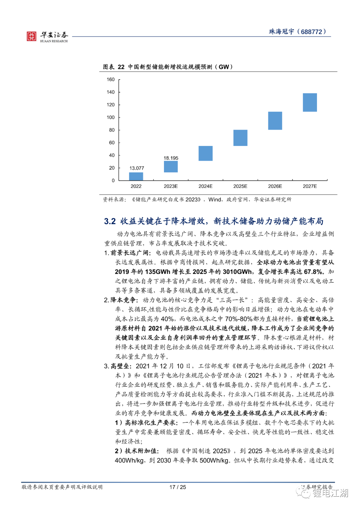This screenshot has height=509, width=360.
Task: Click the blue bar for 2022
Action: (x=136, y=176)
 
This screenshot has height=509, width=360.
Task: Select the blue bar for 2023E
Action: (x=171, y=167)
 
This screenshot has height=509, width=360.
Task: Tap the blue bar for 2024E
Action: (x=205, y=153)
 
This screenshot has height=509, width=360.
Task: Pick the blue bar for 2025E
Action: (x=240, y=138)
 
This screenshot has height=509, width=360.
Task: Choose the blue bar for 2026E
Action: (x=275, y=121)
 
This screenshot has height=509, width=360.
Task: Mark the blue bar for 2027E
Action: (x=310, y=102)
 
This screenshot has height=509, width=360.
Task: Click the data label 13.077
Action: (x=137, y=168)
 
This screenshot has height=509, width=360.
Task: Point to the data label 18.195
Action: (x=171, y=158)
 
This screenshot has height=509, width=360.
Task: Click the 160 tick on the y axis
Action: (x=111, y=80)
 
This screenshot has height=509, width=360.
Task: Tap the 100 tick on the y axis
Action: (x=111, y=117)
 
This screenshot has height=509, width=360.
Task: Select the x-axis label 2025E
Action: (x=240, y=186)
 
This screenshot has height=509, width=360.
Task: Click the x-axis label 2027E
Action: (x=310, y=186)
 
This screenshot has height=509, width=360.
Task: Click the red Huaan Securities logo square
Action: (x=31, y=36)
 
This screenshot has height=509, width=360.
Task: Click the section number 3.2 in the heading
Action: (x=110, y=221)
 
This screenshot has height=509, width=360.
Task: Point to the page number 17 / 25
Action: (x=178, y=487)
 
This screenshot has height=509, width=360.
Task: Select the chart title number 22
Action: (x=121, y=67)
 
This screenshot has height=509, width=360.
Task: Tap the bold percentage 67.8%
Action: (x=313, y=272)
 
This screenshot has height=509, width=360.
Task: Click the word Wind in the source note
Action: (x=215, y=200)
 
